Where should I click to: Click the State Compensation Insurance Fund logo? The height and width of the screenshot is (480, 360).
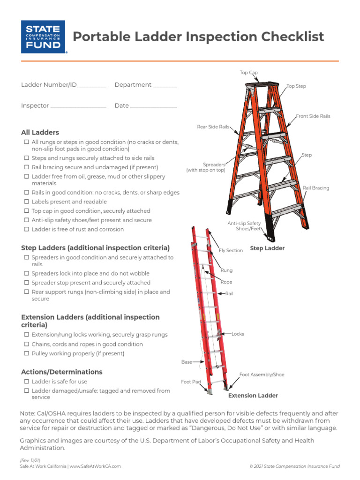click(x=43, y=37)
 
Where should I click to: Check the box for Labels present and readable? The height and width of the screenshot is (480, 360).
click(x=26, y=202)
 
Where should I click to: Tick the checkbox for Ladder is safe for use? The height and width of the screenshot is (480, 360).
click(x=26, y=382)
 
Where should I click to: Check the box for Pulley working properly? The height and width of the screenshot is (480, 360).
click(x=26, y=354)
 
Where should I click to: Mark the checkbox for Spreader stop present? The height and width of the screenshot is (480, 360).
click(x=26, y=283)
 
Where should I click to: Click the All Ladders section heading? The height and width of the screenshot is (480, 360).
click(x=40, y=133)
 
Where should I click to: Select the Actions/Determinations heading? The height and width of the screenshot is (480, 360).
click(x=61, y=372)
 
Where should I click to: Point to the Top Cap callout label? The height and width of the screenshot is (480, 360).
click(x=248, y=73)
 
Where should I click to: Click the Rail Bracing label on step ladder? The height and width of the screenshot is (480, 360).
click(x=315, y=188)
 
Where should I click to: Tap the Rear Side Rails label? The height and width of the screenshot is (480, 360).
click(x=213, y=127)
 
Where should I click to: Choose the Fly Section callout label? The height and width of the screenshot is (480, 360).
click(x=231, y=251)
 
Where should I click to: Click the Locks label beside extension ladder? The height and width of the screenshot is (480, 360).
click(x=238, y=334)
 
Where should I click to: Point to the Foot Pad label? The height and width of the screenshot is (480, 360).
click(x=191, y=382)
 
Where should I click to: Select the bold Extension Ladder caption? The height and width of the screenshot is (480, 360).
click(x=253, y=396)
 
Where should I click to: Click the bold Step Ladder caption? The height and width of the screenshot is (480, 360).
click(x=267, y=248)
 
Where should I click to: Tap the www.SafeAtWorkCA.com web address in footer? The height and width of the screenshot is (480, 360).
click(x=96, y=466)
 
